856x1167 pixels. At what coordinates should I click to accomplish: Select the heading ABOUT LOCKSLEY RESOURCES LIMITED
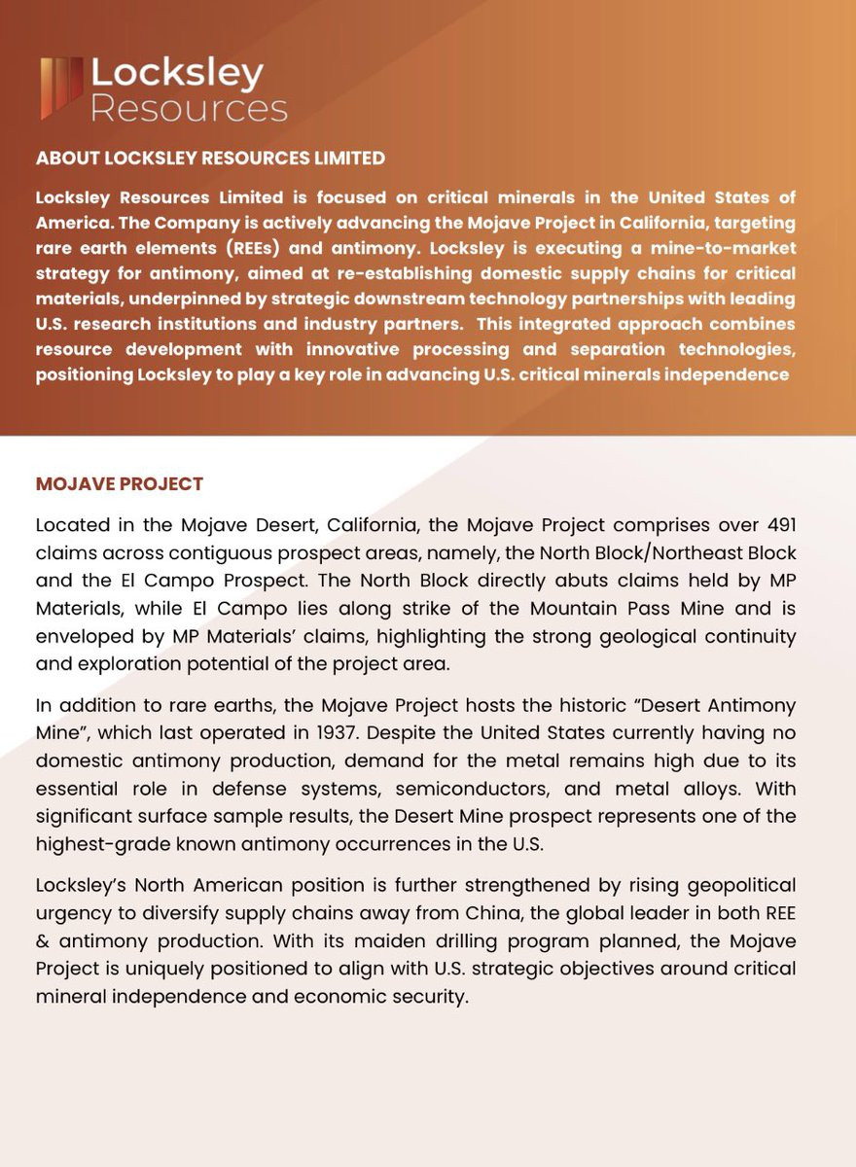coord(210,158)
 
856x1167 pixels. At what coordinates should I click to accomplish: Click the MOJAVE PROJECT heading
coord(120,484)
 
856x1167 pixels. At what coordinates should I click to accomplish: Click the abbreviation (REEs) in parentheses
coord(238,248)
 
